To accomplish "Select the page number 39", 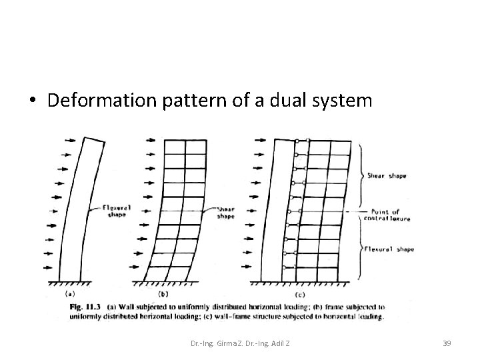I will (447, 343).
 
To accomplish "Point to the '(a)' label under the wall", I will (70, 294).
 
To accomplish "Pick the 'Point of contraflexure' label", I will (389, 214).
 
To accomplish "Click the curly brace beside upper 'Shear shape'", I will (361, 175).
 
